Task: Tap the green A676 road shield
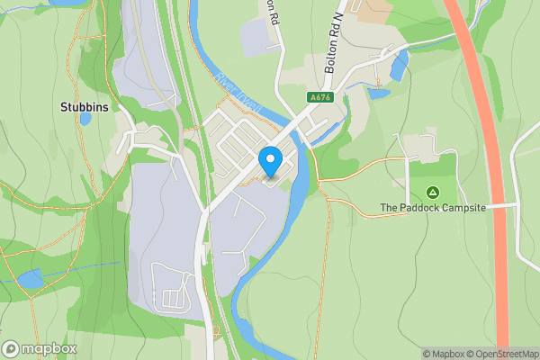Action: coord(317,97)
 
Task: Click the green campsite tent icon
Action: coord(432,192)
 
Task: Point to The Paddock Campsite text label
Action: coord(432,208)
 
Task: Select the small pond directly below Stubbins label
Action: coord(85,118)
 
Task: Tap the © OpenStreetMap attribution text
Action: coord(494,354)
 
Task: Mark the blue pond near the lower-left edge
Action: coord(30,279)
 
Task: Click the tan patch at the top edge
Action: coord(373,9)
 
